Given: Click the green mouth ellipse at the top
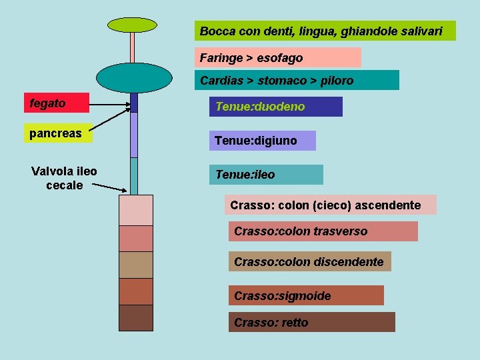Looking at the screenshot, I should [133, 25].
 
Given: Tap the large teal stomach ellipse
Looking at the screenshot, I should [134, 77].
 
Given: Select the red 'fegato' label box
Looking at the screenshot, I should [57, 103].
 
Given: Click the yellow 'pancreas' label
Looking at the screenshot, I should [57, 133].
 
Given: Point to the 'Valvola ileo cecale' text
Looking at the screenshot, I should [64, 178].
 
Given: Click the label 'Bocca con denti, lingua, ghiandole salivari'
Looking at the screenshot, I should [325, 31].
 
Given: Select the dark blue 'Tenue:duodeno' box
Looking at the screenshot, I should [275, 107].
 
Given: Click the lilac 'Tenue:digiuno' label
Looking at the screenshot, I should [262, 141].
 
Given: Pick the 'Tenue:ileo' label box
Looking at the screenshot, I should [265, 175].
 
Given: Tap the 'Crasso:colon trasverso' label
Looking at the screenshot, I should [323, 231].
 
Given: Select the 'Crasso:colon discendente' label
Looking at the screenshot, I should [309, 261].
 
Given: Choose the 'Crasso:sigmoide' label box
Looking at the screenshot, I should [306, 295].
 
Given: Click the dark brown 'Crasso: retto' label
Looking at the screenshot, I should [311, 322].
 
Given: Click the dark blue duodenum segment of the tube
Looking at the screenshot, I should [133, 102].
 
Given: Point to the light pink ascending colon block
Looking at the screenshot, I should [135, 210].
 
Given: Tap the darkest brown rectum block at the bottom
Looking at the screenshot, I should [135, 317].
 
